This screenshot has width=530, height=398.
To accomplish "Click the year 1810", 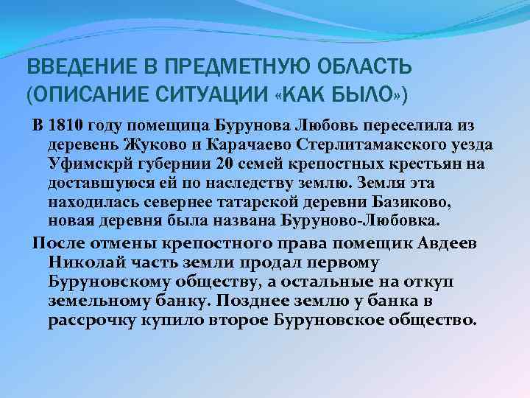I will click(62, 122).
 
